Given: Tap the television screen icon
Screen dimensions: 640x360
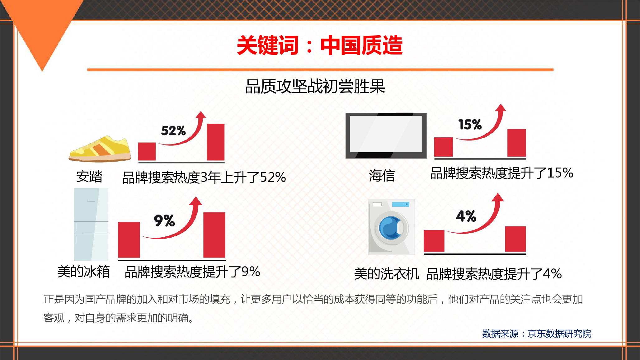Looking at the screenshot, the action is (386, 136).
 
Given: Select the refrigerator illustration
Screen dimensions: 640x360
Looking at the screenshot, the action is (91, 224).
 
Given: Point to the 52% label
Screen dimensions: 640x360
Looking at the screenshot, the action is (173, 131).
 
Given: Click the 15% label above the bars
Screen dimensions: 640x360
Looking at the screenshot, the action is (470, 125).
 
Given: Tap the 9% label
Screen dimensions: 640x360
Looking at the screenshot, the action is (164, 220).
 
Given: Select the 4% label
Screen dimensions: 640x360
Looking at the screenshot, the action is (466, 216).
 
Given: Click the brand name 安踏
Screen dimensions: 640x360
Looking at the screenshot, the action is (89, 176).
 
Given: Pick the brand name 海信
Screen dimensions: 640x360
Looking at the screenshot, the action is (382, 175).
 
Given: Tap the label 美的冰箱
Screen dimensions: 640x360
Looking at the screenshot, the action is (84, 272).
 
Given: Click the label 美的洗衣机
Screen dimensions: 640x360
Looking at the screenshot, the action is (387, 274).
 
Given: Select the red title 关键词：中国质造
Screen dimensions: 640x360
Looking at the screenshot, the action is (320, 45).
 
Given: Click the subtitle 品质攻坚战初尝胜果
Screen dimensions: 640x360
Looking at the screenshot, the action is (315, 87).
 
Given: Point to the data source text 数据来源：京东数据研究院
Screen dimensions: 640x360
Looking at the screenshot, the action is (536, 334).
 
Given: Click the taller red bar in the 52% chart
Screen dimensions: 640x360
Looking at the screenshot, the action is (216, 142).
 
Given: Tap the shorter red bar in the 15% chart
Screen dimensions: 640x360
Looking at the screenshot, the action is (444, 147).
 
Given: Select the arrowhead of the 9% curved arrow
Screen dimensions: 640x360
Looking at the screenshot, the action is (196, 201).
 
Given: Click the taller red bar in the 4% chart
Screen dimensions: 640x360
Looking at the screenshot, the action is (515, 239).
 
